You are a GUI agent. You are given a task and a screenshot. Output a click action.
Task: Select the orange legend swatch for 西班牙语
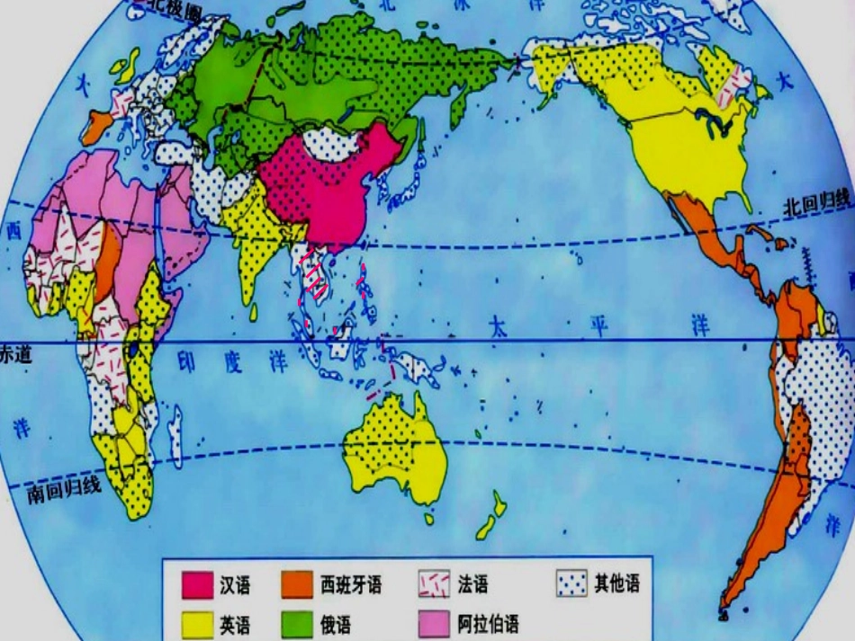point(298,586)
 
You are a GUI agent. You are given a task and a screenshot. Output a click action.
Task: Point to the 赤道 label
point(16,353)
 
